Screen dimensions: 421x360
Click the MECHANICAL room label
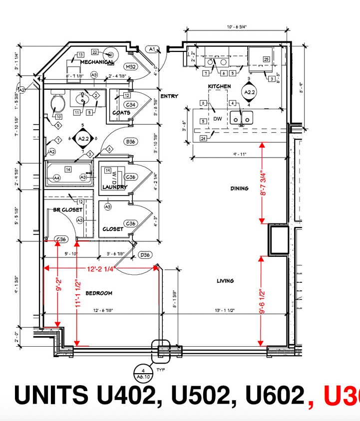(96, 62)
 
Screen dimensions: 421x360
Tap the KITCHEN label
(219, 86)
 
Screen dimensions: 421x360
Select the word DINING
(239, 188)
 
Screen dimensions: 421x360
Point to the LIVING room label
(225, 281)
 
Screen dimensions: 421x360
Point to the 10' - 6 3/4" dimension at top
(238, 28)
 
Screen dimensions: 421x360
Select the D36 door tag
(145, 255)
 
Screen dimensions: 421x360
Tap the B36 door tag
(131, 142)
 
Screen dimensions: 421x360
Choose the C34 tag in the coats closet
(131, 105)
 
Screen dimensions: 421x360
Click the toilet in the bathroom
(58, 104)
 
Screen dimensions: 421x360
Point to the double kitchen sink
(242, 118)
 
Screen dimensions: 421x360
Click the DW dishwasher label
(218, 119)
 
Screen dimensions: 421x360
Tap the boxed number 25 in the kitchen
(266, 59)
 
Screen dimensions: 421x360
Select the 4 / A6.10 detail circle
(143, 373)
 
